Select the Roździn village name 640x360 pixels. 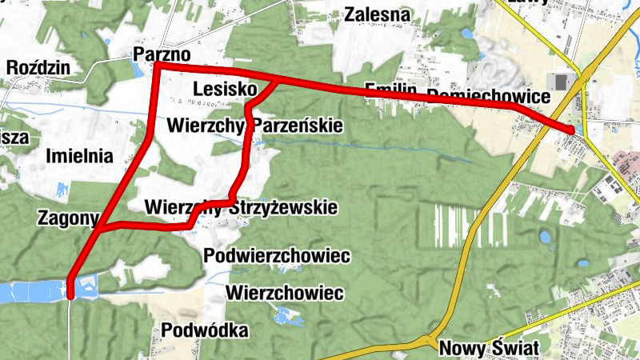tap(38, 67)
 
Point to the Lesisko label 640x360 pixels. tap(224, 87)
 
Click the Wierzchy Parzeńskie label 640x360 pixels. tap(255, 126)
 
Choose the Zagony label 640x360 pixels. tap(68, 217)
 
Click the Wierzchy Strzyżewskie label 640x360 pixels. tap(241, 207)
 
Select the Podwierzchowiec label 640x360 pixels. tap(278, 256)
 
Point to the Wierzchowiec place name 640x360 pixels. tap(285, 292)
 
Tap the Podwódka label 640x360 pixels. tap(205, 330)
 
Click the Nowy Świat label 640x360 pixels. tap(489, 348)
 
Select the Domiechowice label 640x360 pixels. tap(489, 96)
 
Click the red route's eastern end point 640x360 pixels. tap(571, 130)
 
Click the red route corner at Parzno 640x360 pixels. tap(157, 66)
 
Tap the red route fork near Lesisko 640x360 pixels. tap(278, 82)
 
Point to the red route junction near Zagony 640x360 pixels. tap(102, 229)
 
